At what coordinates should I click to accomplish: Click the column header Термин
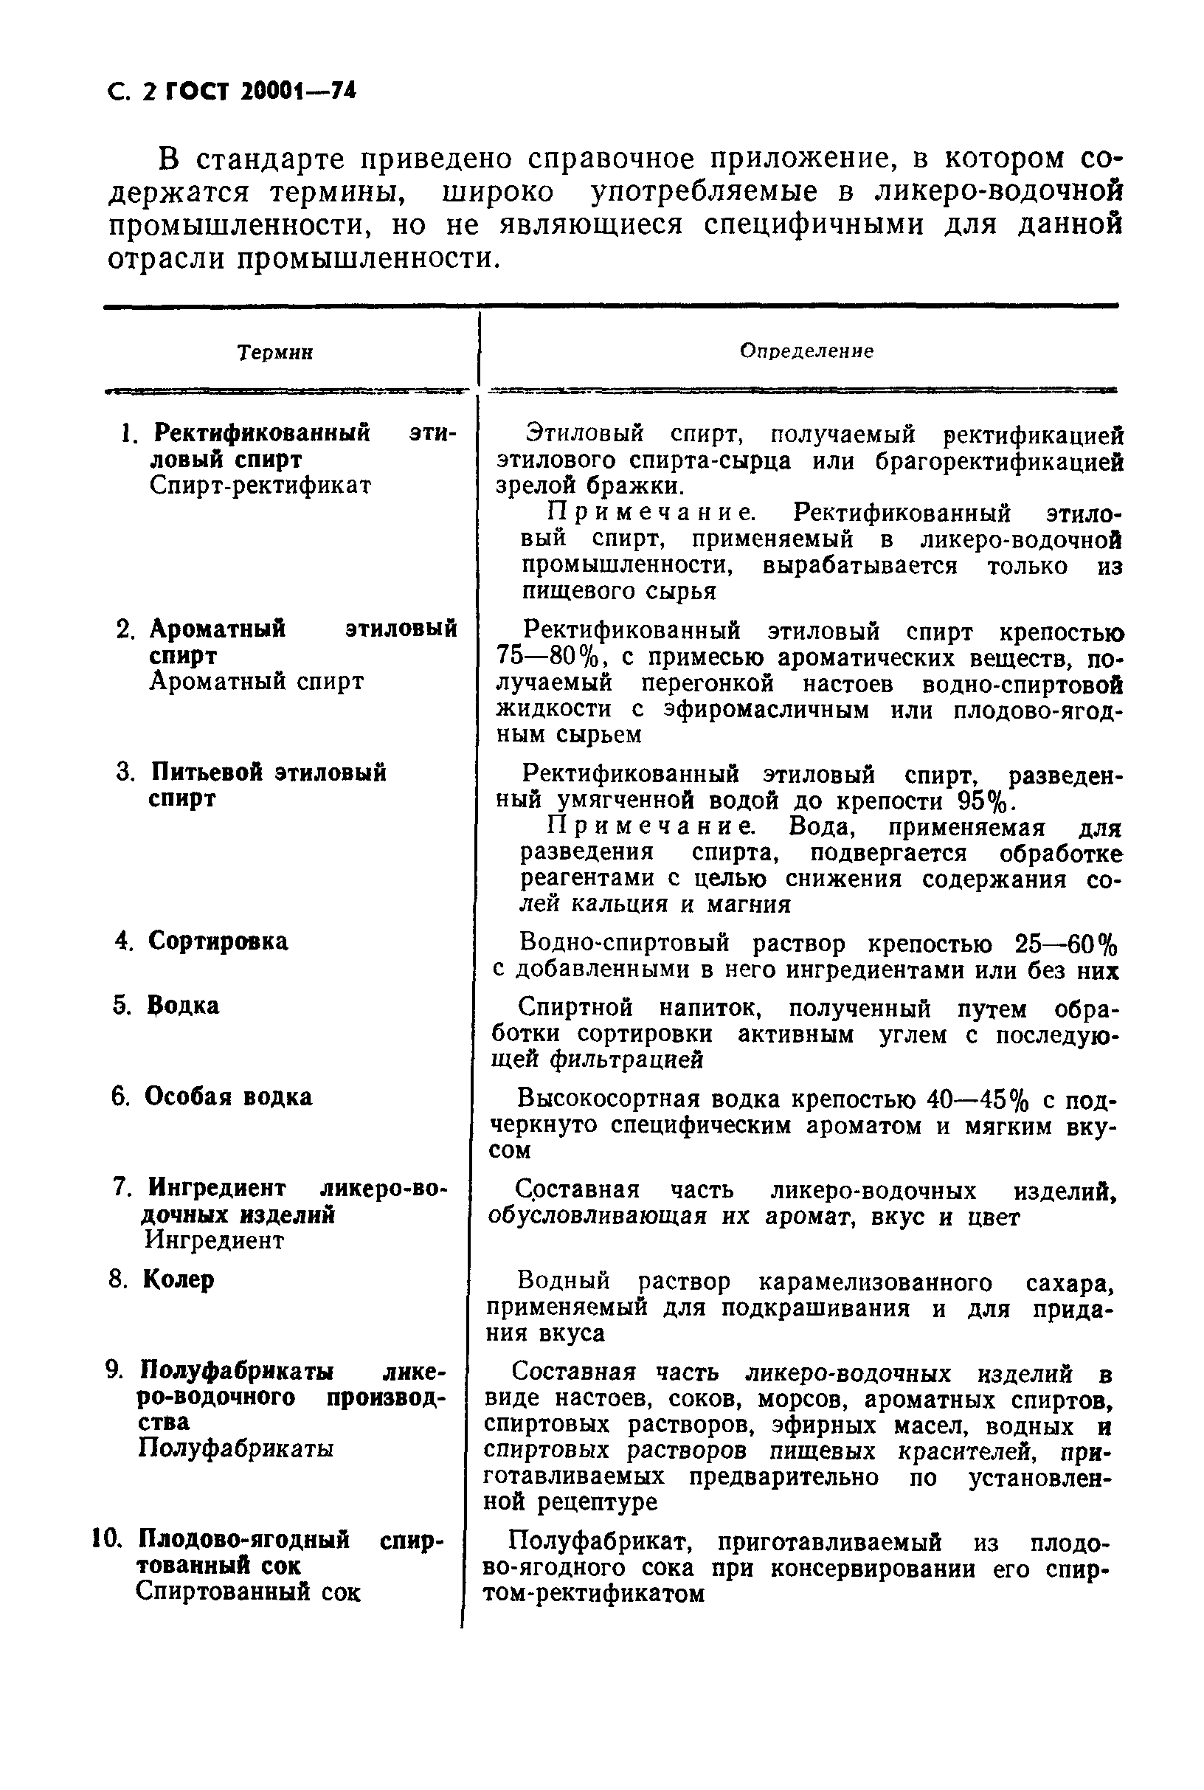275,353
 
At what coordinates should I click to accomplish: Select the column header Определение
806,352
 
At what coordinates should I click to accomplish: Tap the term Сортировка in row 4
218,941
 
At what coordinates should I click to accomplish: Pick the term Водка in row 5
184,1006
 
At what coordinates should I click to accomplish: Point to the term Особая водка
228,1097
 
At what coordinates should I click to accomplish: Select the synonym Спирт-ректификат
260,486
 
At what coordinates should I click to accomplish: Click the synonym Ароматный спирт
256,682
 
